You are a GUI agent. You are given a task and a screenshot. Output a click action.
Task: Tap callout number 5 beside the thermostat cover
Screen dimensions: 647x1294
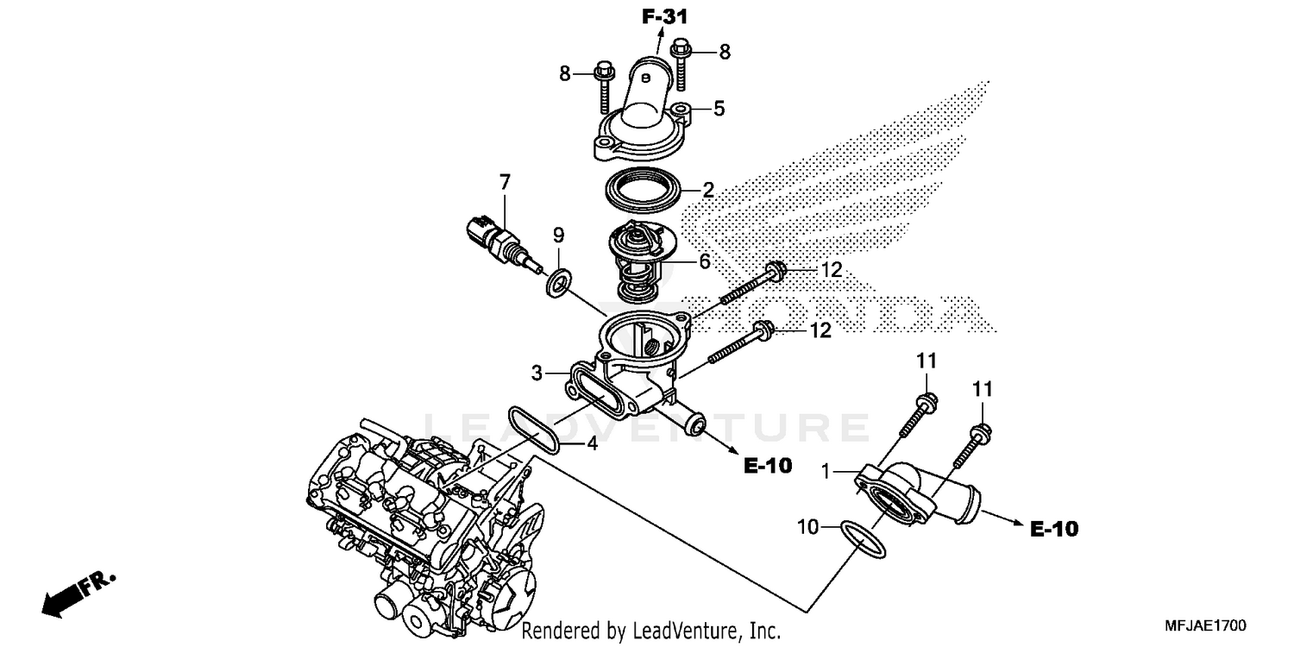[x=719, y=109]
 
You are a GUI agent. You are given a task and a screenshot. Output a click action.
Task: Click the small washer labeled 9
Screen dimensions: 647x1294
[x=558, y=281]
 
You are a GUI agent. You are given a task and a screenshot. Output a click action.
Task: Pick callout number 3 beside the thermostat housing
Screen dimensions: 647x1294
[x=537, y=374]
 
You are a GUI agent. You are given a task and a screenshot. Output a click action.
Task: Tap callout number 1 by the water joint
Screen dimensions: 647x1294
[x=826, y=472]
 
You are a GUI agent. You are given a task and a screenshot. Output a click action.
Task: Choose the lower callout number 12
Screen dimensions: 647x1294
[x=820, y=330]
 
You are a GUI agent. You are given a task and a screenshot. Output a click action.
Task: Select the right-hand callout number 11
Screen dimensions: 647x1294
[x=983, y=389]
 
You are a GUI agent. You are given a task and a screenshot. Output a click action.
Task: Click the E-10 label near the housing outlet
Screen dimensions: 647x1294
[x=767, y=466]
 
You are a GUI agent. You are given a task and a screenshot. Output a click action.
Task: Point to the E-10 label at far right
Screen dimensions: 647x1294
[x=1054, y=529]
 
